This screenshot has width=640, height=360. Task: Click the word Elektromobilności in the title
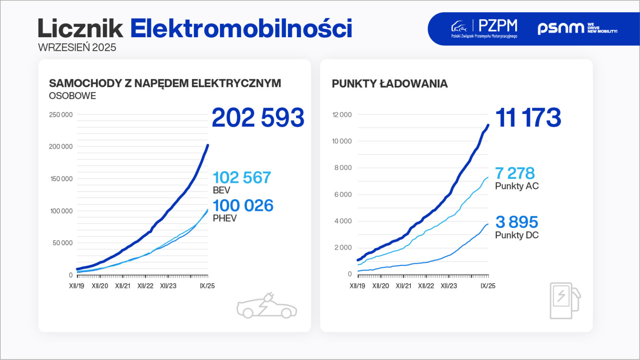(241, 28)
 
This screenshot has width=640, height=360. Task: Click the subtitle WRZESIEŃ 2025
(77, 47)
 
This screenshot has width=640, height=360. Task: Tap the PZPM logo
(484, 28)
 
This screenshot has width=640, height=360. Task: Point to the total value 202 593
(258, 118)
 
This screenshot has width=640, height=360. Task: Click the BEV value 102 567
(242, 178)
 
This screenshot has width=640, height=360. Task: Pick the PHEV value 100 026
(243, 206)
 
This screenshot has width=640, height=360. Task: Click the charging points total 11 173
(528, 118)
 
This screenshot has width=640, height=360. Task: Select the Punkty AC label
(517, 186)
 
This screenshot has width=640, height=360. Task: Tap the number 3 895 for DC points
(516, 222)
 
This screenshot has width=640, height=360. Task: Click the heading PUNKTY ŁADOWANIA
(390, 84)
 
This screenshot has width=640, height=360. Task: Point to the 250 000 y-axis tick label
(61, 115)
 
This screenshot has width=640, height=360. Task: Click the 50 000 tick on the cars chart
(62, 243)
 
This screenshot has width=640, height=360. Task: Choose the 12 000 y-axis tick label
(342, 115)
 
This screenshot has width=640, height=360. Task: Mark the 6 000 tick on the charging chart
(343, 194)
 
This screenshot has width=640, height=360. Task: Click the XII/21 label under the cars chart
(122, 286)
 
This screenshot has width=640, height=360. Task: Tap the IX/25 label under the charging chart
(488, 286)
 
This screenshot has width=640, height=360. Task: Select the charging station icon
(564, 300)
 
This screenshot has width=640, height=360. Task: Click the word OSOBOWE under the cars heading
(72, 96)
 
